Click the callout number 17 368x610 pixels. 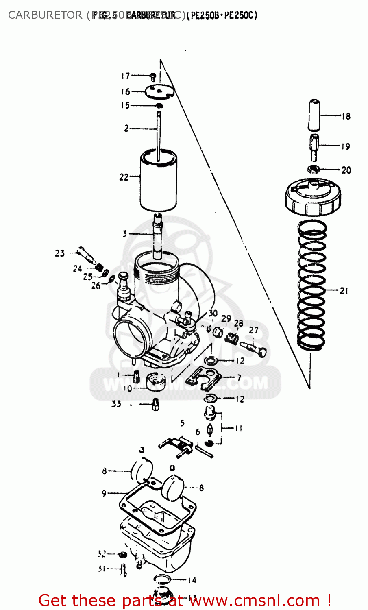tap(125, 76)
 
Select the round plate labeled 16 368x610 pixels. tap(159, 92)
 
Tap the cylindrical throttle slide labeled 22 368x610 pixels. tap(159, 181)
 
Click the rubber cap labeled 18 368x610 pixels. tap(314, 114)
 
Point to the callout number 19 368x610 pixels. tap(345, 146)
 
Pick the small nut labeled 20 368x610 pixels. tap(313, 169)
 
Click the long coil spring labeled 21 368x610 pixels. tap(312, 285)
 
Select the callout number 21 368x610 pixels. tap(344, 291)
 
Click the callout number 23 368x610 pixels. tap(60, 253)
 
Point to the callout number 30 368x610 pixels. tap(213, 313)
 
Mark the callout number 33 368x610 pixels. tap(116, 404)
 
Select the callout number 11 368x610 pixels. tap(238, 428)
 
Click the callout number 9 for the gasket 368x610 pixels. tap(104, 493)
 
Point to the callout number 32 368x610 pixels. tap(102, 554)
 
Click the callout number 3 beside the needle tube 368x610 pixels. tap(125, 234)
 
